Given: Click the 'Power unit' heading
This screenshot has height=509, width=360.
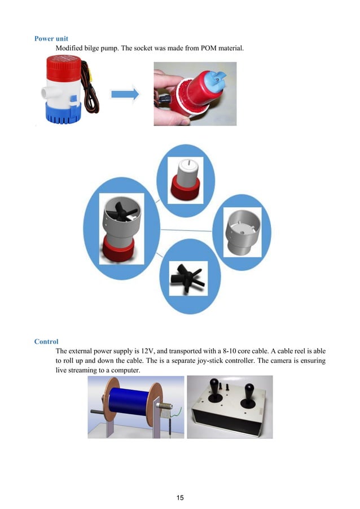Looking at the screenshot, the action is (51, 38).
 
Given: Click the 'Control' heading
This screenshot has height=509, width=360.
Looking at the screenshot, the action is (46, 341).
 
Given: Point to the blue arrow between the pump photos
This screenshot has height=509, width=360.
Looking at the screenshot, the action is (125, 94).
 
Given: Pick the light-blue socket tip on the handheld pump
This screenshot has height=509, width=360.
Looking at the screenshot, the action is (216, 78).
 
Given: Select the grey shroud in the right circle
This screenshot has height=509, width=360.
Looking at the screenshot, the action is (243, 232).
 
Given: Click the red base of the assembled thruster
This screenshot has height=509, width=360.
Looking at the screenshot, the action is (118, 249).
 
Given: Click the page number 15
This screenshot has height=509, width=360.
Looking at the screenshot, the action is (180, 497).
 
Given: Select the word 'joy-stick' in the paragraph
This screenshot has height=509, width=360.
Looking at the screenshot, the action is (210, 361).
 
